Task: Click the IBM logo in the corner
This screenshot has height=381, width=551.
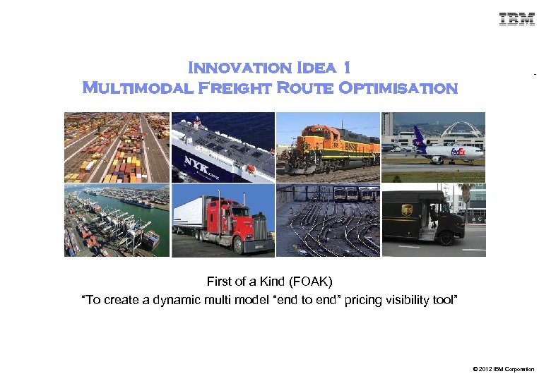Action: tap(517, 20)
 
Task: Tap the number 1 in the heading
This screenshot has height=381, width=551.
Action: tap(345, 68)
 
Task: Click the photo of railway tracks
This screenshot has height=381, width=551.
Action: tap(328, 220)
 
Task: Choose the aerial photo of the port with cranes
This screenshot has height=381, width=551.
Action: tap(117, 220)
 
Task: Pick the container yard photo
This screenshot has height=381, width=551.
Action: tap(117, 147)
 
